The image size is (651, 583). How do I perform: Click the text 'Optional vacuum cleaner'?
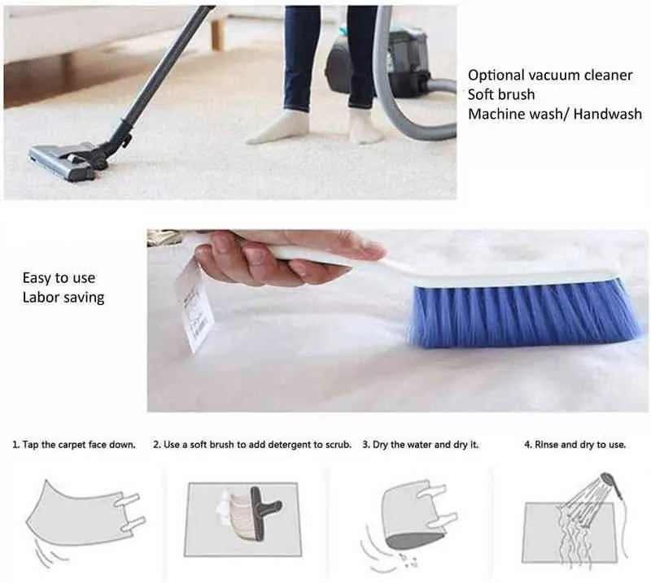550,75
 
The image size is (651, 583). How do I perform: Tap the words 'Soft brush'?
501,94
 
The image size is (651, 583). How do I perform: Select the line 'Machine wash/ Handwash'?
555,114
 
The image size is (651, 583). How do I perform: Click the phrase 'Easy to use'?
59,278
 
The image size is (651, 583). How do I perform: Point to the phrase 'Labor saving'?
63,298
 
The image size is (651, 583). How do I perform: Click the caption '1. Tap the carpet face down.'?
74,445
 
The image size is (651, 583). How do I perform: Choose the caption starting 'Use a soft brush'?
252,445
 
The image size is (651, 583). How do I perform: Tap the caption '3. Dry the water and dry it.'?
421,445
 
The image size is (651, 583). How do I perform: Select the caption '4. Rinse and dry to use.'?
575,445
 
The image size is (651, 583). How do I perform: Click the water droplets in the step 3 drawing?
407,559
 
